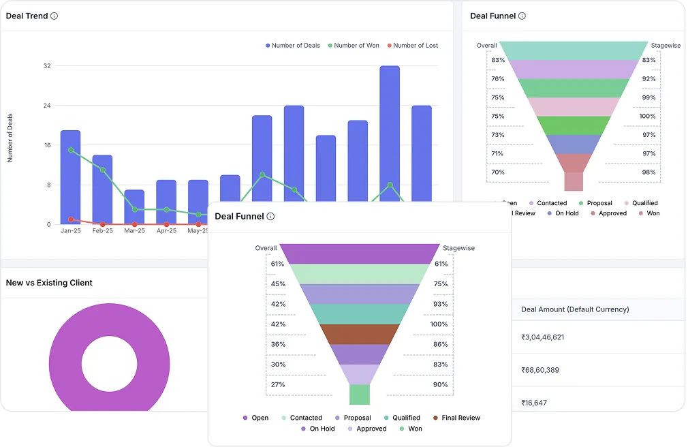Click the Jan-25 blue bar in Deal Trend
[70, 177]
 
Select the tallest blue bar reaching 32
[390, 136]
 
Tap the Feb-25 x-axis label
[102, 231]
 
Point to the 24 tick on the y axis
[47, 106]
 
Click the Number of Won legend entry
[354, 46]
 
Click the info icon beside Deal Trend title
[54, 16]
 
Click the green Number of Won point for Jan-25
[71, 150]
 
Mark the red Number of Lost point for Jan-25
[71, 219]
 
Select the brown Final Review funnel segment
[360, 334]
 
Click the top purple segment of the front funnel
[360, 253]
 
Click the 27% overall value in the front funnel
[278, 384]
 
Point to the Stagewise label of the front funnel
[458, 248]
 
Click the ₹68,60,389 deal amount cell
[540, 370]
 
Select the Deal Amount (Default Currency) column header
[575, 309]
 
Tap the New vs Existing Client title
[49, 283]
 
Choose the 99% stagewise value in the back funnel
[648, 97]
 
